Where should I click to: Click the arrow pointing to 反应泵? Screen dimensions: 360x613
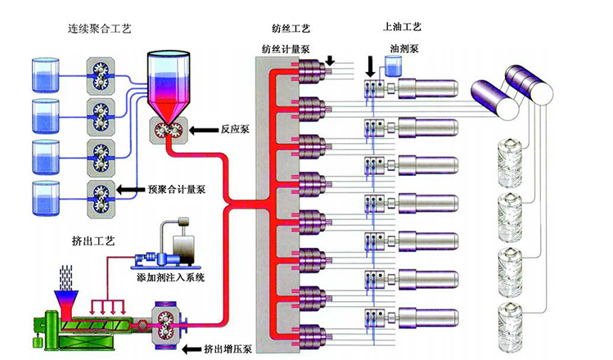(x=201, y=129)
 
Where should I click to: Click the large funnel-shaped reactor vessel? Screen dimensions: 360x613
(x=170, y=87)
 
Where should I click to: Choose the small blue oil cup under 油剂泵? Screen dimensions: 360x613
(x=391, y=69)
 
